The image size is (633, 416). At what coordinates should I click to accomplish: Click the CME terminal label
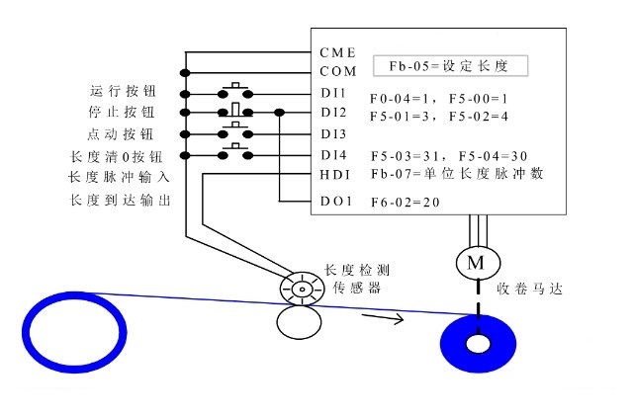337,51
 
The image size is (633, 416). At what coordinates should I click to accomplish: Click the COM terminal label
337,72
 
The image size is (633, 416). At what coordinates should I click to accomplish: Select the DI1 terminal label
333,93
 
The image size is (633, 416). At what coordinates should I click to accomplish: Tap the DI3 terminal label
333,133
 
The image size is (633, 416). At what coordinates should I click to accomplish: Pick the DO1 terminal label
333,202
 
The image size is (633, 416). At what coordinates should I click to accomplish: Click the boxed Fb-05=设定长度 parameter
450,67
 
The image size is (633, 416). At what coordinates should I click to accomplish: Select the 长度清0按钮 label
116,155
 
